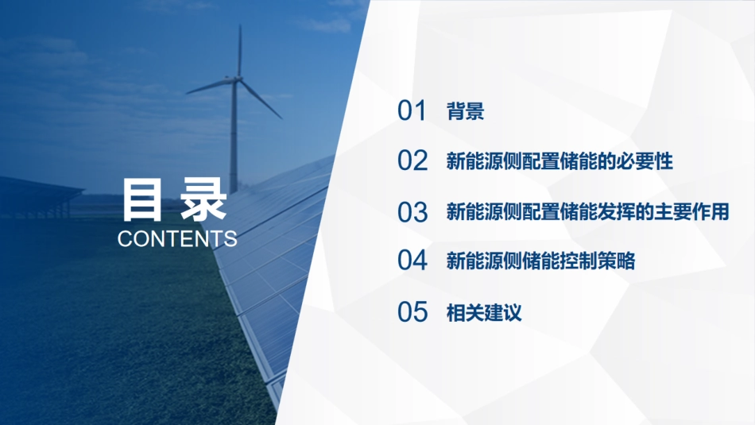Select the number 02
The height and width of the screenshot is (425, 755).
click(412, 161)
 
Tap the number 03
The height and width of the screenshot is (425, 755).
click(412, 212)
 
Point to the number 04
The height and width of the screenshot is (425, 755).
click(412, 261)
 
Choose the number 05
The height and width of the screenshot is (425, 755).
click(412, 312)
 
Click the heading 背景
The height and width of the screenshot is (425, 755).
click(466, 112)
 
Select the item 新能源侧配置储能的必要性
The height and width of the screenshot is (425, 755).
click(559, 162)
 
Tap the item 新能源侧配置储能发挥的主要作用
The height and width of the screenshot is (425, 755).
click(587, 212)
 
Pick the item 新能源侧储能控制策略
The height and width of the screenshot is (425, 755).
click(540, 261)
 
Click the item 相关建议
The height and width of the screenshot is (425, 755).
click(484, 312)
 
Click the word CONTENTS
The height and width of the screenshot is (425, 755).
click(176, 239)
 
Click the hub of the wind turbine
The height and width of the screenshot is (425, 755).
click(237, 79)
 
